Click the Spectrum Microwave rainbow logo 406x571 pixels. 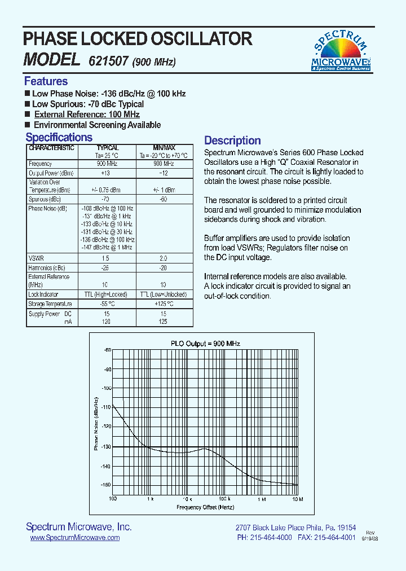click(x=341, y=51)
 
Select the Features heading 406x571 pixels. click(x=46, y=81)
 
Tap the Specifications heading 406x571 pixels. click(x=59, y=138)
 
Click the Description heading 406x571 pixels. click(x=232, y=140)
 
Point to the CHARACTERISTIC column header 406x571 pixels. click(x=51, y=148)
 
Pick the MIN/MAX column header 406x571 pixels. click(x=164, y=148)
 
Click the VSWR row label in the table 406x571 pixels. click(x=36, y=257)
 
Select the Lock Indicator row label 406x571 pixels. click(x=43, y=295)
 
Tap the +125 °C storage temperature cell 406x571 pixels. click(x=164, y=304)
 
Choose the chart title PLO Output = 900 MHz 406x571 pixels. click(x=205, y=344)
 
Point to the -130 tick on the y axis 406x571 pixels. click(x=105, y=447)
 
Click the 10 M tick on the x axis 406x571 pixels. click(x=297, y=499)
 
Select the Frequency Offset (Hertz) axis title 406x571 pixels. click(x=205, y=507)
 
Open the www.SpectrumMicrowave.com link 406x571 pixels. click(x=74, y=538)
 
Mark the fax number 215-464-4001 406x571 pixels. click(x=335, y=538)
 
